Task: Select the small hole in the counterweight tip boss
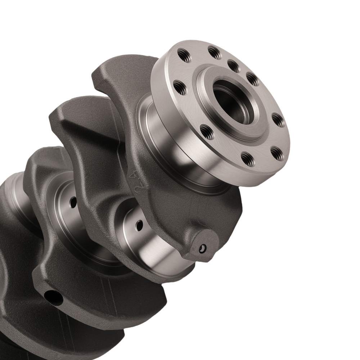(x=203, y=248)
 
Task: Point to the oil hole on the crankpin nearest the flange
(x=139, y=225)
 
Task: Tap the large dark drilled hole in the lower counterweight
(x=53, y=297)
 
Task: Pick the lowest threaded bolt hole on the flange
(x=247, y=158)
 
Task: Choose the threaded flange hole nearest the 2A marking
(x=207, y=132)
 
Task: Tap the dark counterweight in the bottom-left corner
(x=14, y=324)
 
